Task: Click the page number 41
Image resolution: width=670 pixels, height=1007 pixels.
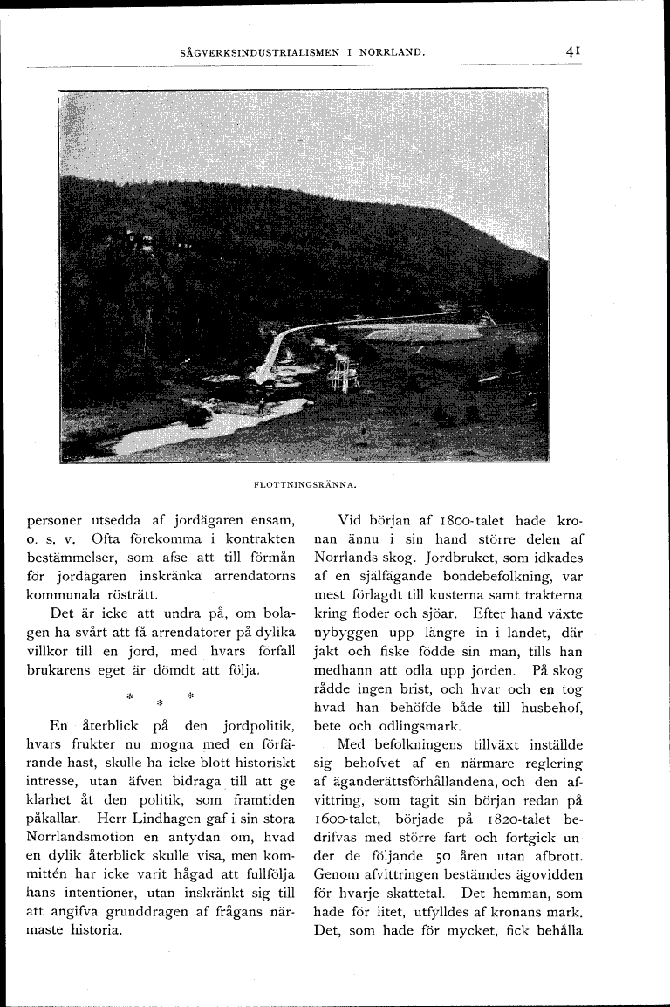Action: click(572, 51)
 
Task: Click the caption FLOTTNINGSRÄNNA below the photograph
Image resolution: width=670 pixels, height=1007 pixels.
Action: click(302, 482)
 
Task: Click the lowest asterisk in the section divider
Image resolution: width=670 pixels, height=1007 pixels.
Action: click(160, 702)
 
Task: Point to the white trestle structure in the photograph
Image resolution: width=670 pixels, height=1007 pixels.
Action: click(342, 376)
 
